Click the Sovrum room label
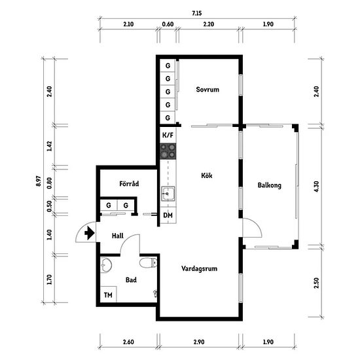pos(207,89)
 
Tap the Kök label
pos(207,175)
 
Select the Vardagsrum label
pos(199,268)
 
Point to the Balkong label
pos(269,185)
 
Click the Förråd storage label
pos(129,184)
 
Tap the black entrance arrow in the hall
pos(90,233)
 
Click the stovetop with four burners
pos(168,151)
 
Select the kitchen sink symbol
pos(168,194)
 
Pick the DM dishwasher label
pos(168,215)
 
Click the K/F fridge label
pos(168,135)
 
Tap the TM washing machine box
pos(109,295)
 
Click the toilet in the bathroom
pos(149,263)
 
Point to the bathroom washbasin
pos(105,264)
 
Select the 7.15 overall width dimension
pos(197,13)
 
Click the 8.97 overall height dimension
pos(39,181)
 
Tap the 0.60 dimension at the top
pos(168,24)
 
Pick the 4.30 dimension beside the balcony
pos(316,187)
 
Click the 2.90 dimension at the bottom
pos(199,342)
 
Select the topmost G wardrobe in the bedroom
pos(168,65)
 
